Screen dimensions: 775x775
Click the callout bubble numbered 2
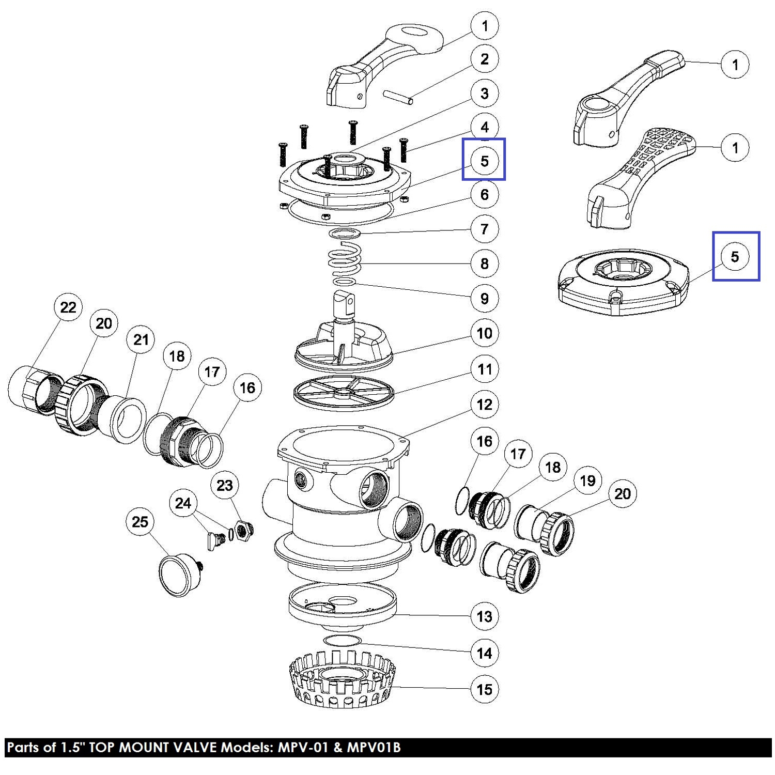click(x=484, y=59)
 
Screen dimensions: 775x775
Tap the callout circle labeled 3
click(x=484, y=94)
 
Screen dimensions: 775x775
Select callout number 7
click(x=484, y=229)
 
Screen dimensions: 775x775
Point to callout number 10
click(x=484, y=333)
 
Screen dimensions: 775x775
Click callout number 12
click(x=484, y=405)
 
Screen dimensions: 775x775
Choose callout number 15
click(x=484, y=689)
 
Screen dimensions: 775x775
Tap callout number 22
click(x=68, y=307)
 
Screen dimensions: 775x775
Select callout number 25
click(x=140, y=522)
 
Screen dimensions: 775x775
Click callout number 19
click(x=587, y=481)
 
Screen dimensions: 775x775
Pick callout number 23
click(x=225, y=486)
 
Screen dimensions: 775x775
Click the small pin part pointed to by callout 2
click(x=398, y=97)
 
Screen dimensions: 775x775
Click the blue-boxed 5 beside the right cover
click(x=735, y=256)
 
